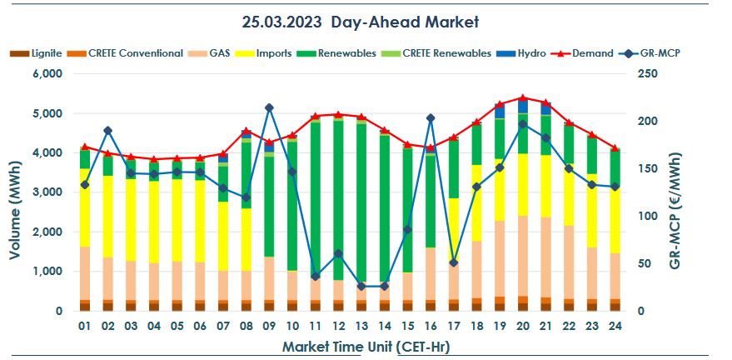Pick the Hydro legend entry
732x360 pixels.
click(x=530, y=53)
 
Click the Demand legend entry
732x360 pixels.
click(x=592, y=53)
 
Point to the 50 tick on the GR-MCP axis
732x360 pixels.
click(x=641, y=263)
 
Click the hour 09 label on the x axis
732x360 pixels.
click(x=268, y=326)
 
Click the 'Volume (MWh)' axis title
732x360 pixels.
click(x=14, y=192)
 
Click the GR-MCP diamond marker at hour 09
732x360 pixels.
click(x=269, y=107)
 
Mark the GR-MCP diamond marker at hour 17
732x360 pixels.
click(x=453, y=262)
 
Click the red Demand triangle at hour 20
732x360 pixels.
click(x=522, y=98)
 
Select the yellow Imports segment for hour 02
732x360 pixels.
click(x=107, y=217)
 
